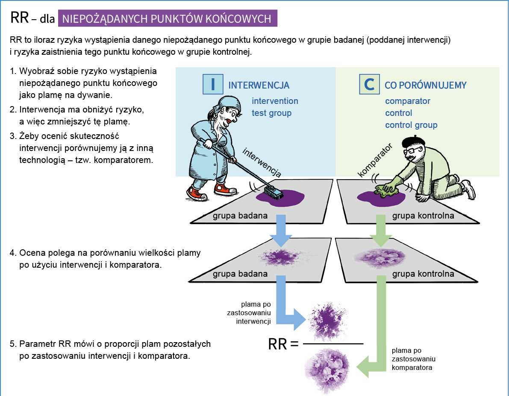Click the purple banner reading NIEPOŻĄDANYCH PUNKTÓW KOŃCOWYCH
coord(168,19)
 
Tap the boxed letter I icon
coord(212,84)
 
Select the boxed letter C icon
coord(369,84)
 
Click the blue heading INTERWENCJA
coord(259,86)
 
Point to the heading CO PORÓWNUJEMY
coord(426,86)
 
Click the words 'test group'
coord(271,113)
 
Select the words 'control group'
coord(411,125)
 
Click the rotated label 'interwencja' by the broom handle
coord(262,163)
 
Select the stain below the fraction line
coord(327,368)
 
